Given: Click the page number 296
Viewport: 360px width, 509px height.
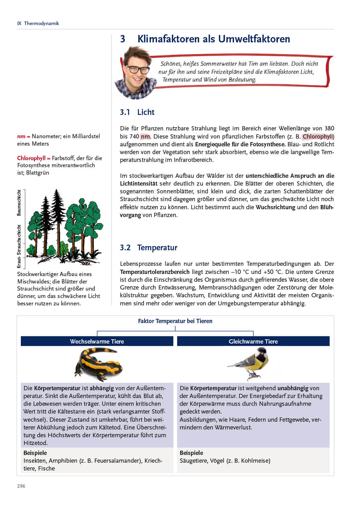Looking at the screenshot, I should coord(21,486).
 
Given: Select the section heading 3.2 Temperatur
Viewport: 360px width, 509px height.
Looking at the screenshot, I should coord(149,247).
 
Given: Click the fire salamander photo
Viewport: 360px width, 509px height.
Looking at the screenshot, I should coord(98,364).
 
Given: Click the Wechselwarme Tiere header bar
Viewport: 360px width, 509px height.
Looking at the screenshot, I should coord(97,341).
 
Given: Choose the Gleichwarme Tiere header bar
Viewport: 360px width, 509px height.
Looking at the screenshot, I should coord(253,341).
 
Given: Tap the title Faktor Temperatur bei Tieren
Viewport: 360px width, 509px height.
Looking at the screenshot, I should coord(175,321).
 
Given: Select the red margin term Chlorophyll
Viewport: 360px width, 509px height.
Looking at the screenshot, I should coord(31,158).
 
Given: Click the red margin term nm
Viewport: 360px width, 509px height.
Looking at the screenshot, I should coord(21,136).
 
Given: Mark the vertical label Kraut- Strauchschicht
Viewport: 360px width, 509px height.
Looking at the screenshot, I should coord(19,246).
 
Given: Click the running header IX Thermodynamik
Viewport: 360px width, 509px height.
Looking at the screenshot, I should coord(38,23).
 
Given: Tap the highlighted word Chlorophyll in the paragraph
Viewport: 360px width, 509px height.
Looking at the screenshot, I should coord(318,136).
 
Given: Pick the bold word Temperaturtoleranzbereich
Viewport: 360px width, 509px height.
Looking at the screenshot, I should coord(155,272).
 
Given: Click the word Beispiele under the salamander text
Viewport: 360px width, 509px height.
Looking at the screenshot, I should coord(35,453).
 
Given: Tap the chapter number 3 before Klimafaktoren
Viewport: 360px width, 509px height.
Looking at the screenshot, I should coord(123,39).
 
